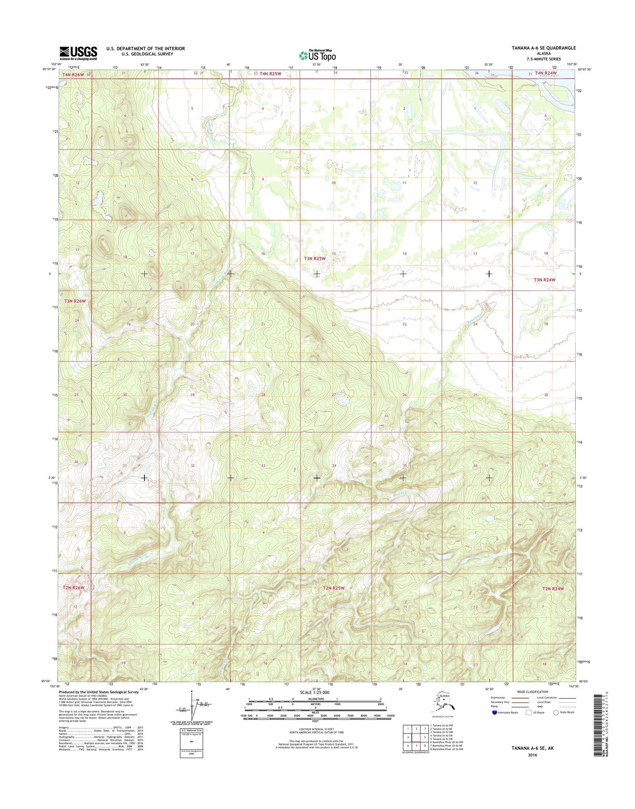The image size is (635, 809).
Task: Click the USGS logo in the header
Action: (x=78, y=53)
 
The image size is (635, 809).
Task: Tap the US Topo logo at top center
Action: (x=317, y=55)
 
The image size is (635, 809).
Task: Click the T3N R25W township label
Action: (x=315, y=259)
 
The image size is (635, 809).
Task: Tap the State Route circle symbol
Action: (x=556, y=712)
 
